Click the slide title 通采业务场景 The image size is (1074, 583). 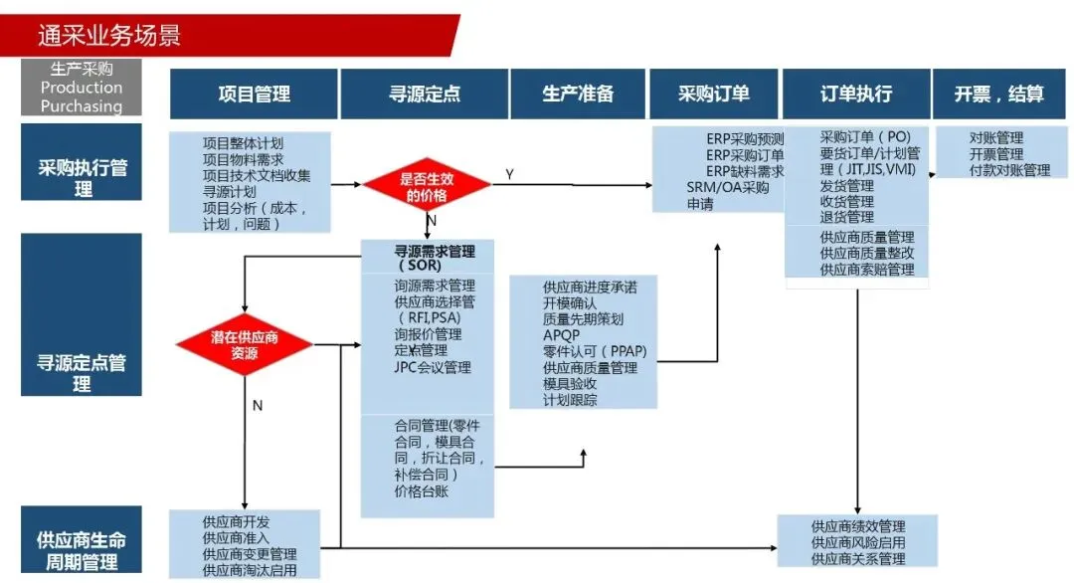tap(109, 37)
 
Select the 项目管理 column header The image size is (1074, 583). tap(254, 95)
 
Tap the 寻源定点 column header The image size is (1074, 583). tap(425, 95)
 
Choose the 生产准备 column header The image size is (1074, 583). tap(578, 95)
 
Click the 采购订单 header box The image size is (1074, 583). tap(714, 95)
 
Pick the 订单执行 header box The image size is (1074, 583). tap(855, 95)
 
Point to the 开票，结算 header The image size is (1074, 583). tap(999, 95)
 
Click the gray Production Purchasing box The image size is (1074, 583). tap(82, 88)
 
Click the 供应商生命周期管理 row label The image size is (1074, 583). tap(82, 550)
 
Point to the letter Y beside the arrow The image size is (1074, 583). tap(509, 175)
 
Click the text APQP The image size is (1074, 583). tap(561, 335)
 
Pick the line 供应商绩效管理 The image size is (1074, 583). tap(857, 526)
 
